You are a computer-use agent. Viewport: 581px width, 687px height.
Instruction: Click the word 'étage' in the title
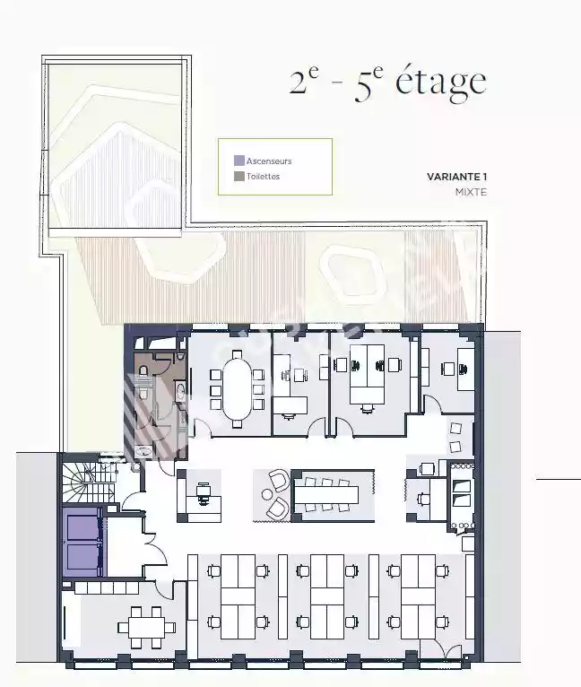coord(441,82)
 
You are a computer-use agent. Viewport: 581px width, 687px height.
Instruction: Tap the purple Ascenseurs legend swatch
coord(238,161)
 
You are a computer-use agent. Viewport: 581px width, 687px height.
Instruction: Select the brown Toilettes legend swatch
coord(238,176)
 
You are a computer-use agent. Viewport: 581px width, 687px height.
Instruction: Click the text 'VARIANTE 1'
coord(457,177)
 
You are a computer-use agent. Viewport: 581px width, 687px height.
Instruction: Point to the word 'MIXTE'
coord(471,192)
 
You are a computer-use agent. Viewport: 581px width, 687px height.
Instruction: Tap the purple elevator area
coord(82,542)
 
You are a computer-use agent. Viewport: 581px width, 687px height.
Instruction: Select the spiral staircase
coord(88,483)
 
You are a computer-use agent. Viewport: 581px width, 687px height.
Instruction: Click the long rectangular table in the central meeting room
coord(327,494)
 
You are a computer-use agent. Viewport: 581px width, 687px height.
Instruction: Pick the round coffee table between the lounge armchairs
coord(267,494)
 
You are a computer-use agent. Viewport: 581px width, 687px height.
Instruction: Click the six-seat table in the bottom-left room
coord(146,628)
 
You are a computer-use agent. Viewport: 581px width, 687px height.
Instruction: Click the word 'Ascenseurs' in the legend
coord(269,161)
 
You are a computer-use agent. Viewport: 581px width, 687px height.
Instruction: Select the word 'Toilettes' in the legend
coord(263,176)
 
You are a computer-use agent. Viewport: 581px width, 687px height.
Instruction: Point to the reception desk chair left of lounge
coord(203,494)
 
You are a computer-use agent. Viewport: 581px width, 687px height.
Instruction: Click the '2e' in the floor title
coord(304,81)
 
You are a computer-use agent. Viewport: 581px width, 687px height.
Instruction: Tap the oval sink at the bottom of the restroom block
coord(143,451)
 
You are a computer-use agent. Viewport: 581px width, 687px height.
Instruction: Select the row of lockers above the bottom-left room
coord(107,587)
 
